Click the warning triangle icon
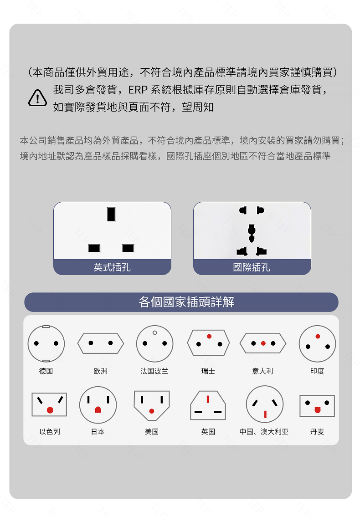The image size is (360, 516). [x=37, y=98]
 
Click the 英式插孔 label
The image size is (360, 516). [x=112, y=267]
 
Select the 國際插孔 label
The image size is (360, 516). [x=252, y=267]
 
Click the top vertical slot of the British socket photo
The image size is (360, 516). [x=111, y=214]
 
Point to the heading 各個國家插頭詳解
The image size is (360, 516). [x=186, y=302]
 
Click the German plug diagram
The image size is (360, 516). [x=46, y=343]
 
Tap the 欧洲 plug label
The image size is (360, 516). [x=100, y=371]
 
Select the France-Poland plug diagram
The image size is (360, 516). [x=155, y=343]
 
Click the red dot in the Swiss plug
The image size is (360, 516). [x=209, y=336]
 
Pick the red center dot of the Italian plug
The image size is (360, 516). [x=263, y=343]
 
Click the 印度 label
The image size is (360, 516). [x=317, y=371]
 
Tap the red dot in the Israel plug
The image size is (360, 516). [x=50, y=410]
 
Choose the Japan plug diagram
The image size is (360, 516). [x=98, y=405]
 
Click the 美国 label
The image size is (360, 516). [x=152, y=432]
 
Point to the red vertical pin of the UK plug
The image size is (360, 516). [x=208, y=399]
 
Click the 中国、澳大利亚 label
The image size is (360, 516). [x=264, y=432]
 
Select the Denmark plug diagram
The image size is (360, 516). [x=317, y=406]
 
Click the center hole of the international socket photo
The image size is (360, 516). [x=252, y=233]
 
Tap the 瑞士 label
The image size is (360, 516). [x=208, y=371]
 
